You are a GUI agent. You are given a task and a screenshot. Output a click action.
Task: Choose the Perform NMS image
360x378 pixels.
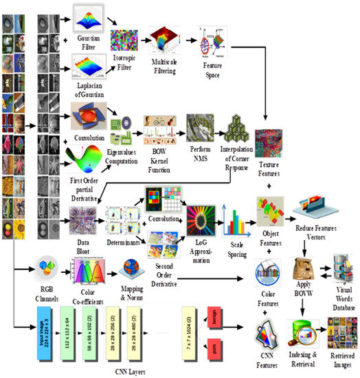pyautogui.click(x=201, y=126)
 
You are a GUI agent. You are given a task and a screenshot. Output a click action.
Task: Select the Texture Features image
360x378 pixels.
pyautogui.click(x=269, y=144)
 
